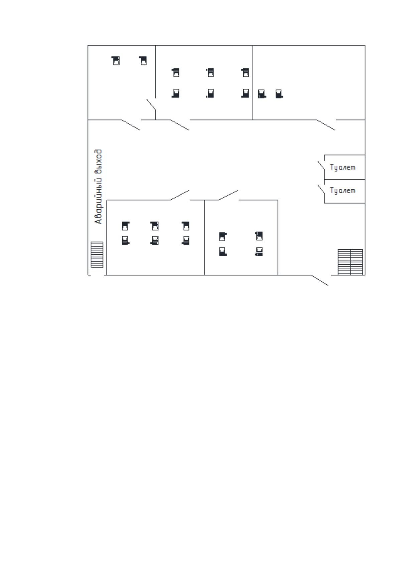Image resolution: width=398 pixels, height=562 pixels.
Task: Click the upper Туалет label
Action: (343, 167)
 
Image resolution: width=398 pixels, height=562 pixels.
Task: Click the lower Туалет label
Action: (343, 191)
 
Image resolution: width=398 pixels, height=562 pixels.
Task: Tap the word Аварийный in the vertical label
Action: (98, 201)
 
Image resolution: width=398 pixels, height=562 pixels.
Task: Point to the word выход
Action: (98, 162)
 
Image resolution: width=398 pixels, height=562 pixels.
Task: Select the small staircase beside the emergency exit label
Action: (97, 255)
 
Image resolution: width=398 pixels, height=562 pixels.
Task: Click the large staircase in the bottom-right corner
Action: (350, 262)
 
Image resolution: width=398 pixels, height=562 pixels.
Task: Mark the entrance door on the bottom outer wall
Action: (319, 280)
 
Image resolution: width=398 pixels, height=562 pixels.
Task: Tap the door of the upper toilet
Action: (321, 166)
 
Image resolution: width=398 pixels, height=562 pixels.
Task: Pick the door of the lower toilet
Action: (321, 189)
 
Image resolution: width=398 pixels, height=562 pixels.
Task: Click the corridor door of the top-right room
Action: (325, 125)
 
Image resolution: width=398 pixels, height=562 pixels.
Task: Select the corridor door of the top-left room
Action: (131, 125)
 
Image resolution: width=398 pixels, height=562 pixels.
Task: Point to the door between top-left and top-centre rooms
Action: (151, 104)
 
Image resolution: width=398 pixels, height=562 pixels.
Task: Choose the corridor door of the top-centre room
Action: (180, 125)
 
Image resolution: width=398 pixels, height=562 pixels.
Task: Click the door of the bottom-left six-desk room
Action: (180, 195)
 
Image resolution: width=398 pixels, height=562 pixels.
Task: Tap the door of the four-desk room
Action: (228, 195)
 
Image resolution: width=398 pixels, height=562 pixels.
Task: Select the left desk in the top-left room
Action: (116, 61)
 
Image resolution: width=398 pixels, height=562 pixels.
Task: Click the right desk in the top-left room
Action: (143, 61)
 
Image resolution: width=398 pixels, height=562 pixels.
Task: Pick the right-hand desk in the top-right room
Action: (279, 94)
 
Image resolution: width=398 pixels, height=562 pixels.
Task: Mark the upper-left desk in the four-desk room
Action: (223, 237)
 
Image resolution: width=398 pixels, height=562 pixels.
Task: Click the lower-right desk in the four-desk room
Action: (259, 251)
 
